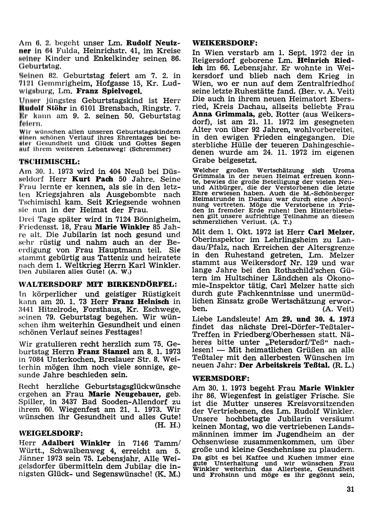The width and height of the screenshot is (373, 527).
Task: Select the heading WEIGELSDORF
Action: [x=51, y=433]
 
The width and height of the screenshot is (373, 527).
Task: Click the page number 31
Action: [x=350, y=490]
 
